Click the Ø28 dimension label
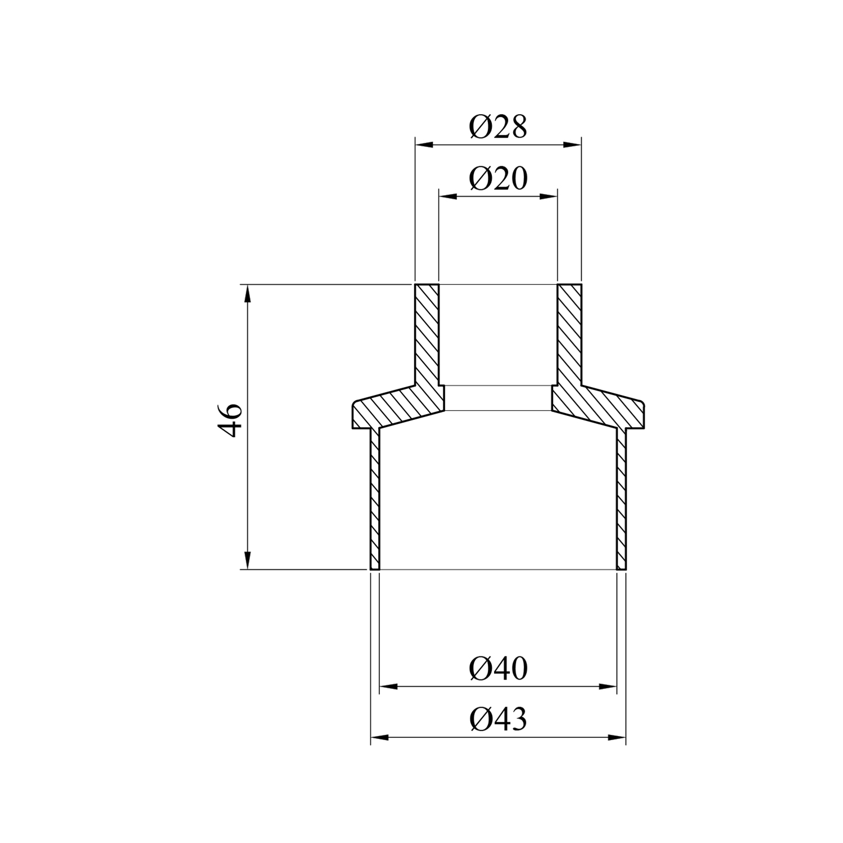point(498,127)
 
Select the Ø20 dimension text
point(498,179)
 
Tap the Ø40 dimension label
point(498,669)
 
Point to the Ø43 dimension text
point(498,719)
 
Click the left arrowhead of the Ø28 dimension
point(424,145)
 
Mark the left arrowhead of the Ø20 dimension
point(447,196)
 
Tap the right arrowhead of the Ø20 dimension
point(549,196)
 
